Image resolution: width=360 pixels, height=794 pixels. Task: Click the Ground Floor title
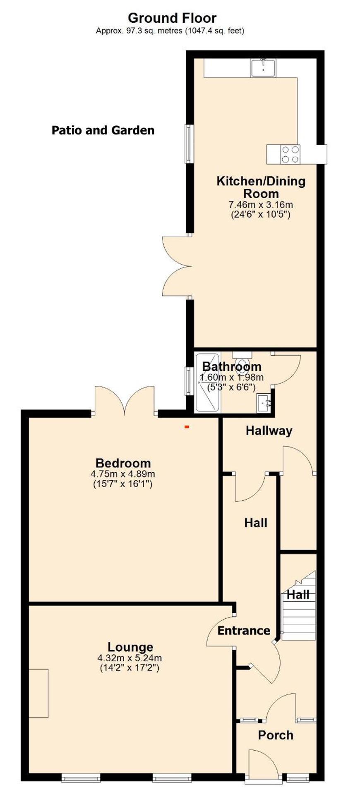[x=172, y=18]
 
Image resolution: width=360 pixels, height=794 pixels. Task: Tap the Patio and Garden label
[x=103, y=130]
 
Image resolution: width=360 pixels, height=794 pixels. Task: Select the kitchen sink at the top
[x=263, y=68]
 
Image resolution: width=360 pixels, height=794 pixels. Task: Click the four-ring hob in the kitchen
[x=290, y=154]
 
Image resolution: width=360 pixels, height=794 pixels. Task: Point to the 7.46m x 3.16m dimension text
[x=261, y=204]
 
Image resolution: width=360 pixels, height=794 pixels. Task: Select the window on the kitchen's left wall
[x=188, y=143]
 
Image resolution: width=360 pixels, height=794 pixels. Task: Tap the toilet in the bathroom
[x=242, y=364]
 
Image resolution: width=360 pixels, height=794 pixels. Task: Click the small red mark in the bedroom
[x=187, y=426]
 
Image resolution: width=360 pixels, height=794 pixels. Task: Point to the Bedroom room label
[x=123, y=463]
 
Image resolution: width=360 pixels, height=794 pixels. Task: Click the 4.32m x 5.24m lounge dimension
[x=130, y=658]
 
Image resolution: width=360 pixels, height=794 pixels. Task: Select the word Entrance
[x=243, y=630]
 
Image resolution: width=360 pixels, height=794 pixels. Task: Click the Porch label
[x=276, y=735]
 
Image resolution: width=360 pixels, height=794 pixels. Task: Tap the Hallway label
[x=269, y=430]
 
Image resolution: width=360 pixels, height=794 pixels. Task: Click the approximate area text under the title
[x=170, y=31]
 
